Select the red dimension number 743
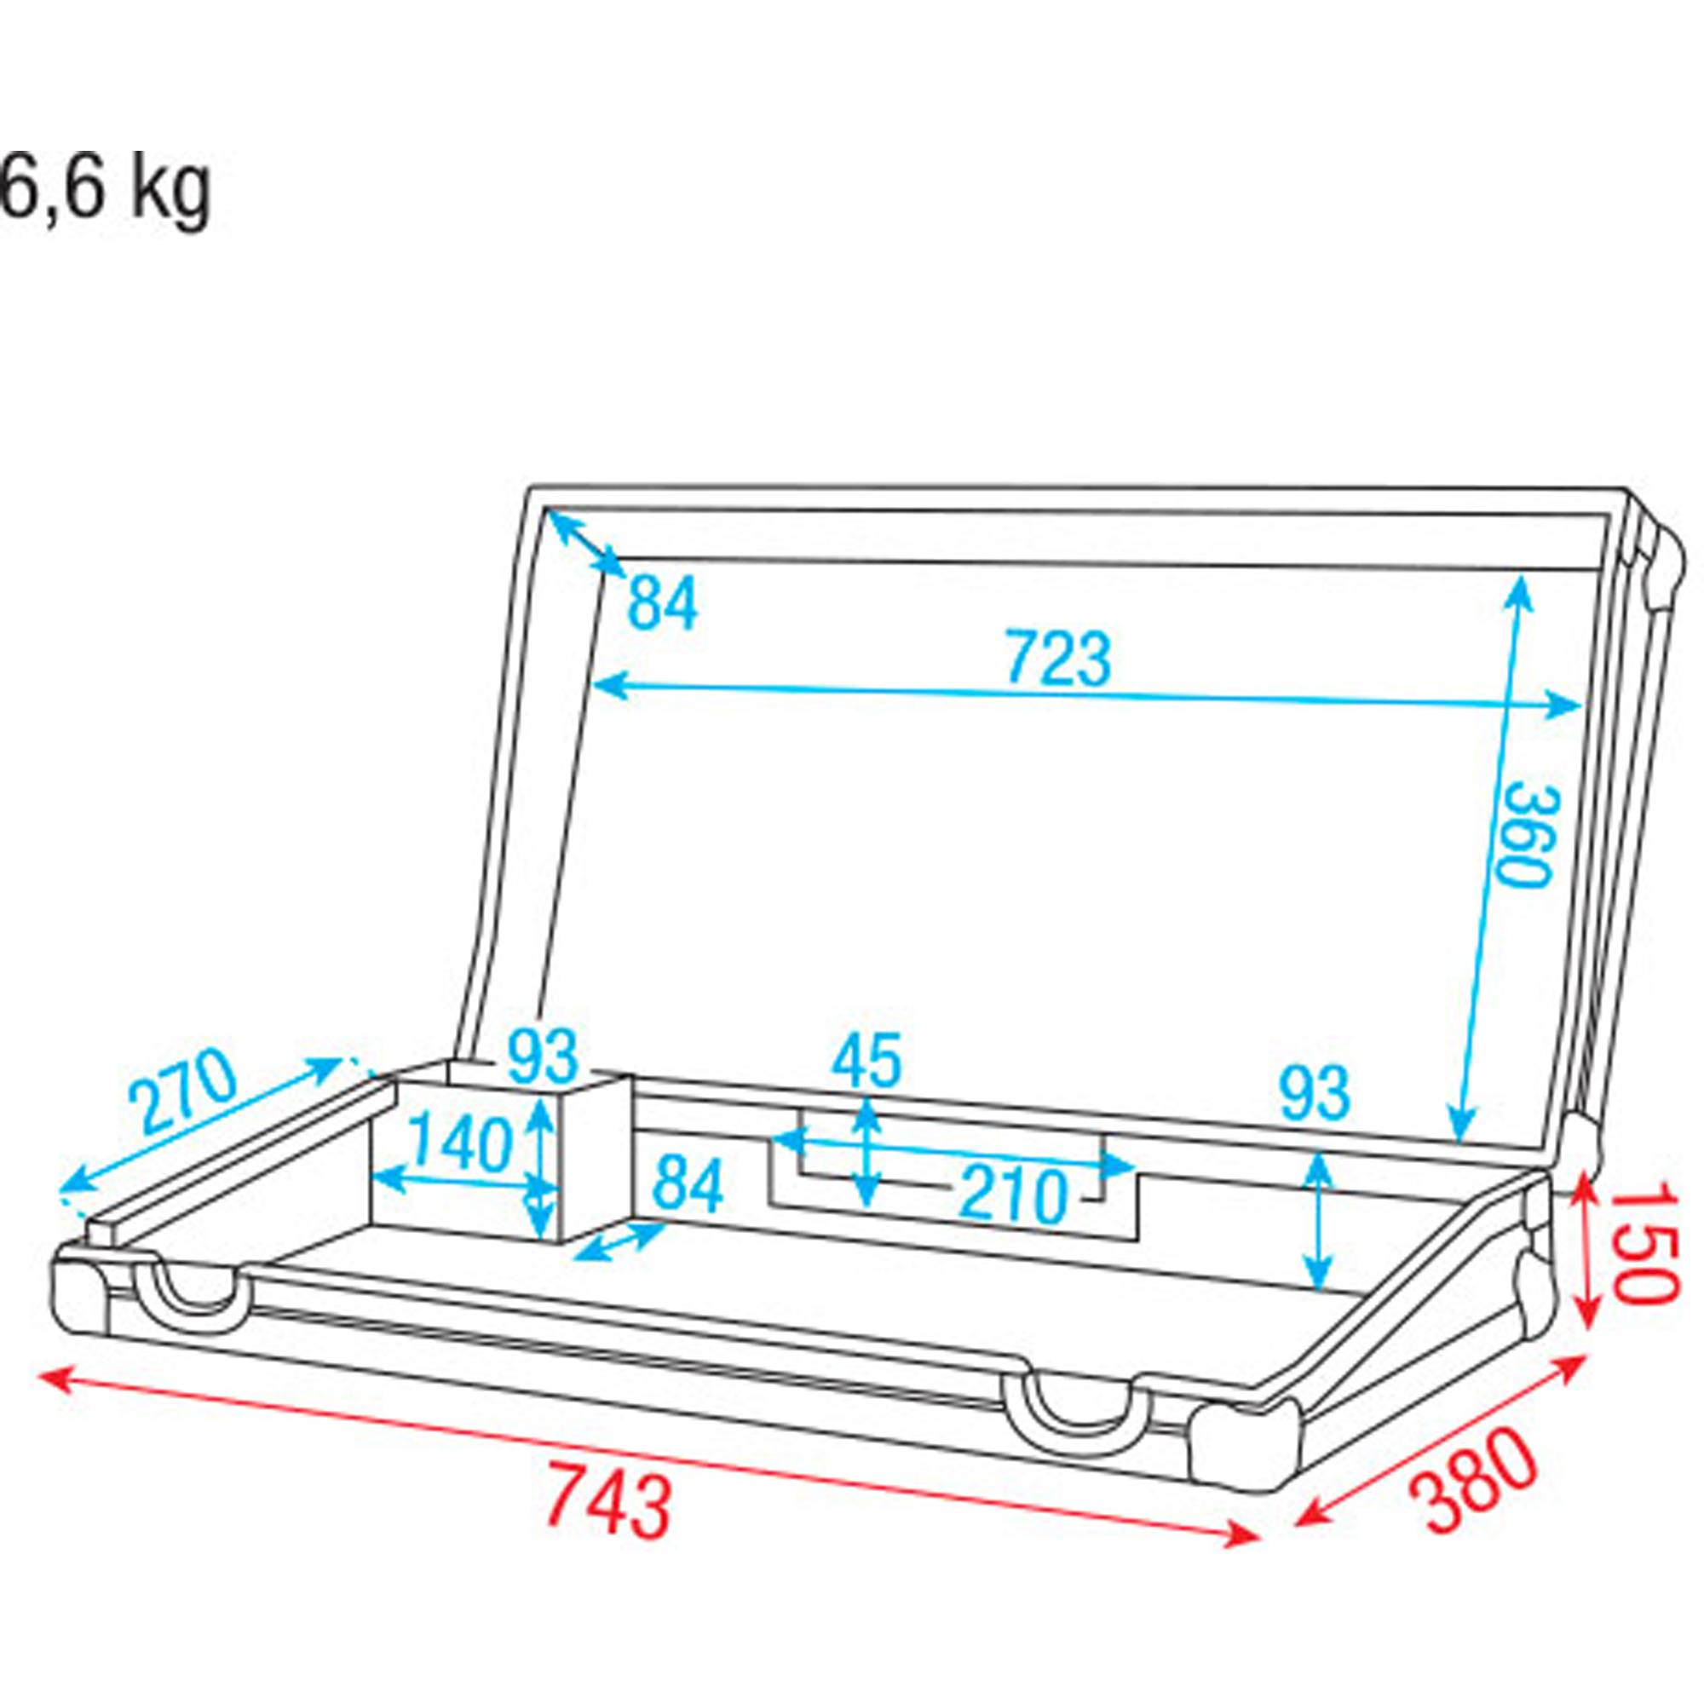608,1502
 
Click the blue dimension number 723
1058,658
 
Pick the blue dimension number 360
1527,834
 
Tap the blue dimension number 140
460,1143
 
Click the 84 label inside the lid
662,603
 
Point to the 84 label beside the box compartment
688,1185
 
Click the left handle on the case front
193,1300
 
